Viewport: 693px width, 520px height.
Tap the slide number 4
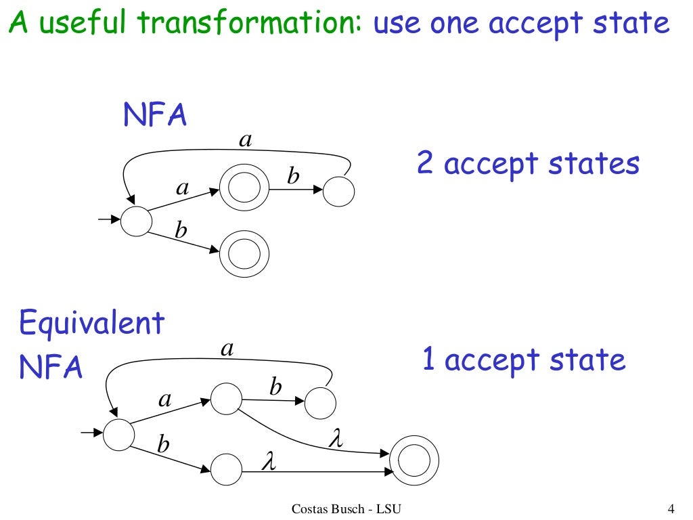click(x=671, y=508)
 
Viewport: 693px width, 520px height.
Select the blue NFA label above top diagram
click(x=155, y=116)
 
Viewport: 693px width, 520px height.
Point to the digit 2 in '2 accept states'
click(x=425, y=164)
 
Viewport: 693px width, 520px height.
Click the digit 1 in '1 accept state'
click(x=428, y=359)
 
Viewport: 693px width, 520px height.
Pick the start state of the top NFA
click(x=137, y=221)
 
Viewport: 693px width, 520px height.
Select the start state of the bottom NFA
click(x=119, y=435)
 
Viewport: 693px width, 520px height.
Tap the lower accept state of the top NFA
click(x=244, y=255)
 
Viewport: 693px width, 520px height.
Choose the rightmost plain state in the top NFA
click(x=339, y=191)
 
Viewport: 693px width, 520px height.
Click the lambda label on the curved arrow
click(x=336, y=439)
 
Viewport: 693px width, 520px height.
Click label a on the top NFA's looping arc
click(x=246, y=140)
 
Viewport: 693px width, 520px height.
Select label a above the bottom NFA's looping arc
click(x=227, y=349)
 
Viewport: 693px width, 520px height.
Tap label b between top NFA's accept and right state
click(x=293, y=177)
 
